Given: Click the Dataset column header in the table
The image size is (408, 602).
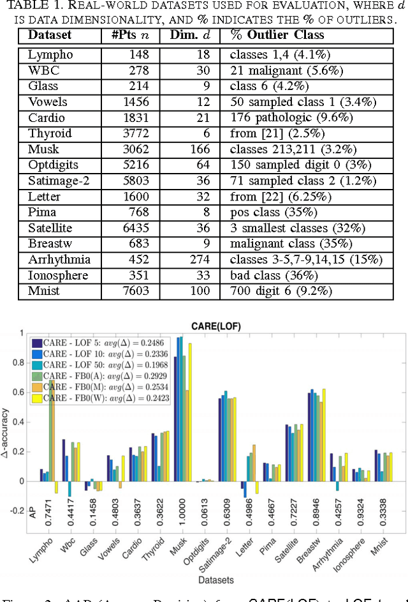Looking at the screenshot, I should coord(50,35).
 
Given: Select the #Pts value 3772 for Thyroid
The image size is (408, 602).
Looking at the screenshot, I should coord(135,133).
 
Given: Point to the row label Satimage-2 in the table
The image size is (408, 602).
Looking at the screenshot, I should coord(59,181).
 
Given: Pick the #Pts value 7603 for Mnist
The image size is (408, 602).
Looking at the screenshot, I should coord(135,290).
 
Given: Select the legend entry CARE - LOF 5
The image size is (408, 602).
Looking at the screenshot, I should coord(68,342).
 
